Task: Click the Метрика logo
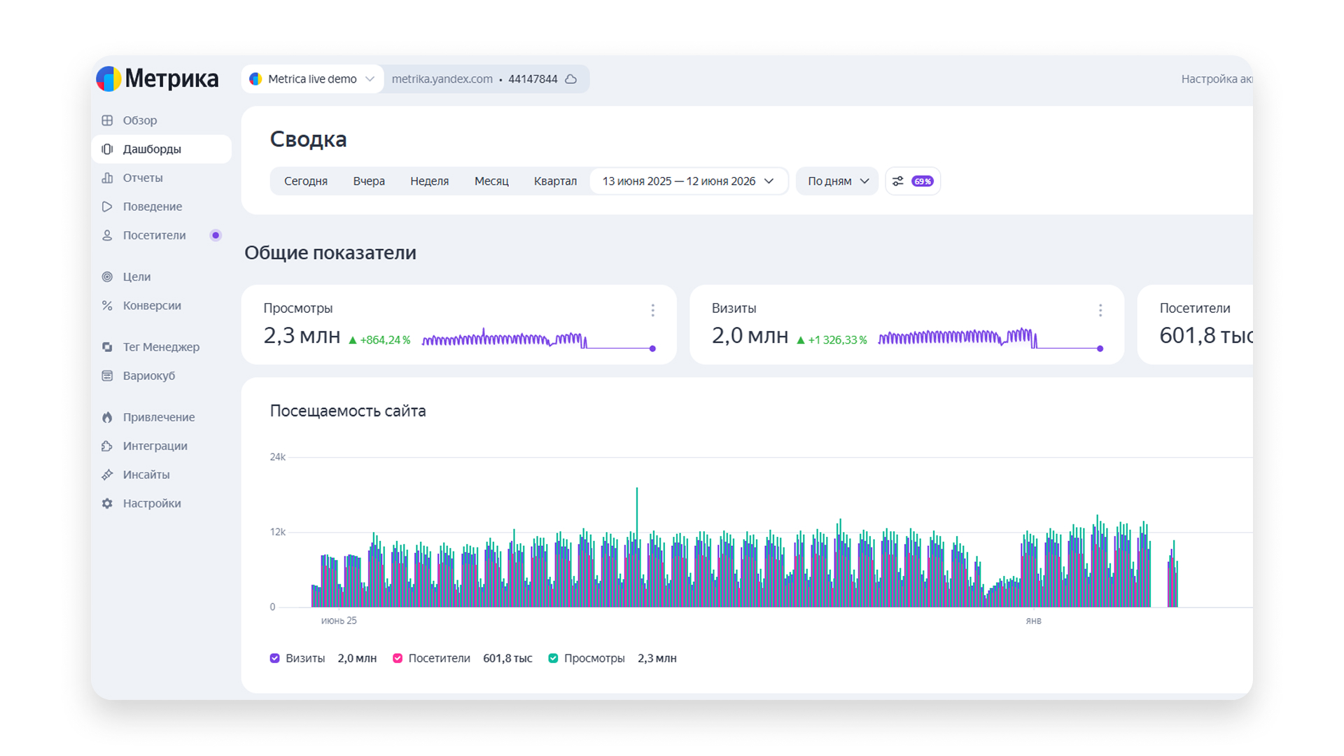(157, 78)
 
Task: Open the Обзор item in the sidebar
(139, 120)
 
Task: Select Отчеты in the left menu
(143, 178)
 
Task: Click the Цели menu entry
(136, 276)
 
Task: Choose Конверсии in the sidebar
(152, 305)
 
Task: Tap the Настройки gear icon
(107, 503)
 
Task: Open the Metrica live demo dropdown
(312, 79)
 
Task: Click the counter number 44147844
(533, 79)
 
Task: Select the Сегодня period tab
(306, 181)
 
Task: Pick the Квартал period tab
(555, 181)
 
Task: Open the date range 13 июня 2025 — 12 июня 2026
(689, 181)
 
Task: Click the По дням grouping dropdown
(837, 181)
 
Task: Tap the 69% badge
(923, 181)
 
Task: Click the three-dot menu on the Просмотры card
(652, 310)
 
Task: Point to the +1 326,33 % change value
(837, 340)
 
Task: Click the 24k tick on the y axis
(278, 457)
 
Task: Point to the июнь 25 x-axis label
(339, 621)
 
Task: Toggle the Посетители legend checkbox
(398, 658)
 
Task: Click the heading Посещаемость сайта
(348, 411)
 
